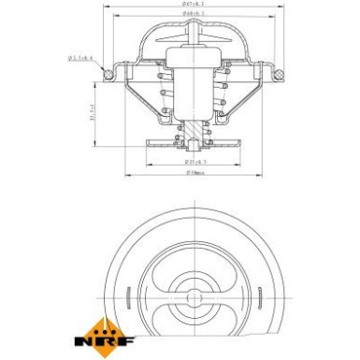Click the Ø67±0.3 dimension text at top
(194, 6)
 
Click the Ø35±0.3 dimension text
(195, 162)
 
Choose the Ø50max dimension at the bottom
(195, 173)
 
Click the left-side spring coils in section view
(165, 94)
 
